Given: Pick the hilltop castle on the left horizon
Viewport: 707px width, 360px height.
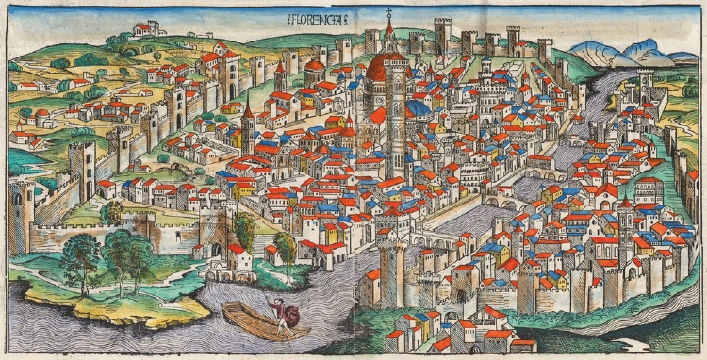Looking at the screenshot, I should pos(148,30).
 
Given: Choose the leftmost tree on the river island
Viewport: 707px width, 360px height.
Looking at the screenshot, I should pos(83,260).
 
